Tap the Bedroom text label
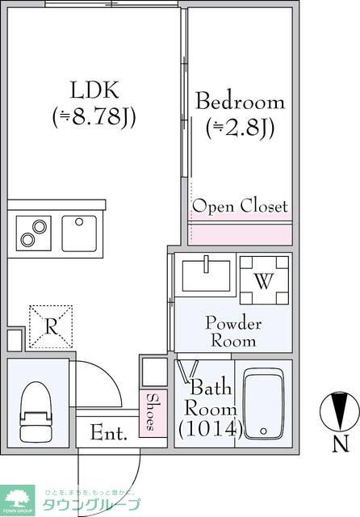coord(241,103)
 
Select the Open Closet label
coord(240,206)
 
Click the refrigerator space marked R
coord(51,326)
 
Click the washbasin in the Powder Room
coord(207,275)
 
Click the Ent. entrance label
coord(108,433)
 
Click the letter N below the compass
coord(341,443)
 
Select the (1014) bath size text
coord(210,429)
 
